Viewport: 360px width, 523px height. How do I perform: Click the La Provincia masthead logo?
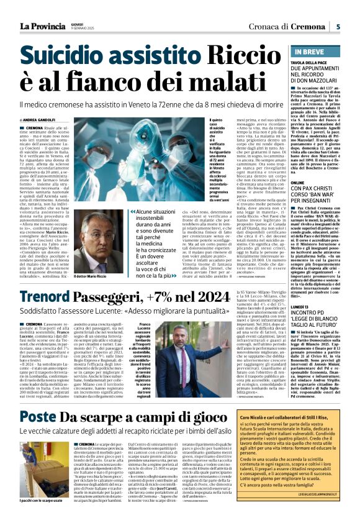click(42, 27)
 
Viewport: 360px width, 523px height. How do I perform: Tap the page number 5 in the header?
click(338, 26)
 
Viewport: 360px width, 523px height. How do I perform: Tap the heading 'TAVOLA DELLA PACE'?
click(312, 63)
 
